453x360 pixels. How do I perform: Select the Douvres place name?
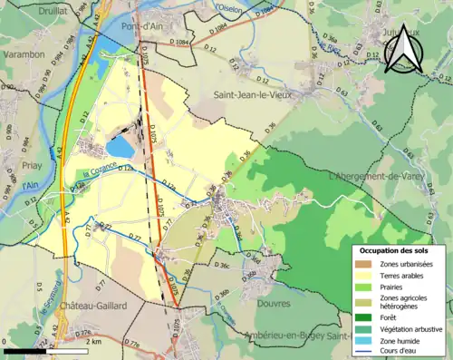274,304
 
